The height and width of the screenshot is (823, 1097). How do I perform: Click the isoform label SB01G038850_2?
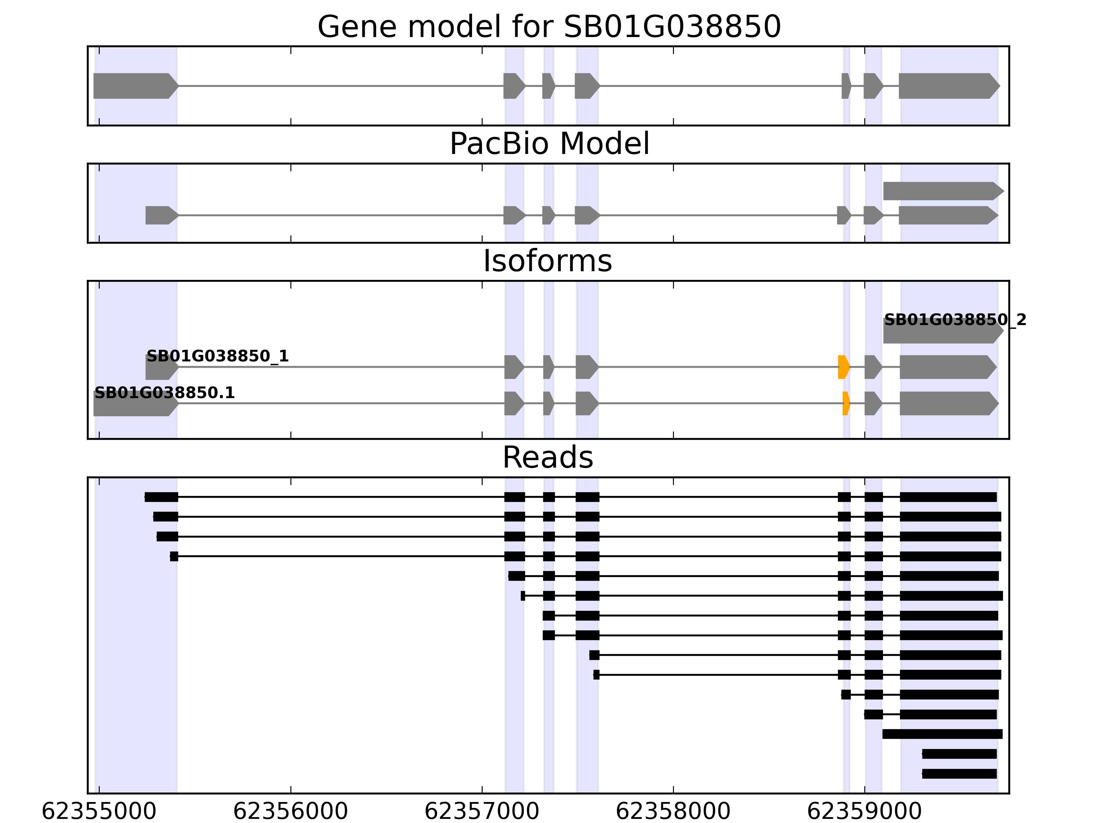click(955, 320)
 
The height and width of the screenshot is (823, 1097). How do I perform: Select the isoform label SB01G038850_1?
click(217, 356)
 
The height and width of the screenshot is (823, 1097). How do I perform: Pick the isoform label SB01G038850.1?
click(164, 393)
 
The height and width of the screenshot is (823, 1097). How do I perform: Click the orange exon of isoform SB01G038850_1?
click(843, 367)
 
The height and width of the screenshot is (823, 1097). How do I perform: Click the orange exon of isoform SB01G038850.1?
click(846, 403)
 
